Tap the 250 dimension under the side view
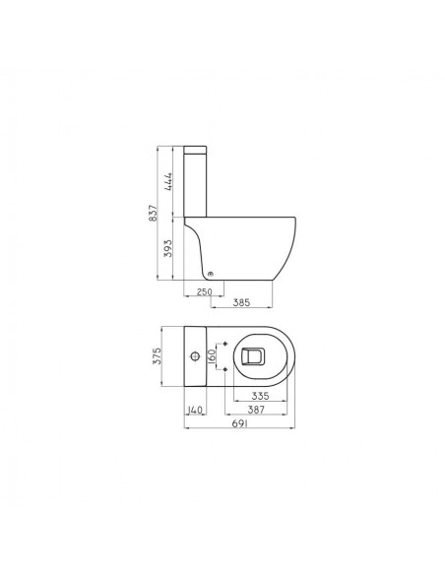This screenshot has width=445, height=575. pos(205,291)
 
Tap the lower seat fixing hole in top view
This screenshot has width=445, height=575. pos(227,368)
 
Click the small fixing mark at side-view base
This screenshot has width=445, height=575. pos(211,273)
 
